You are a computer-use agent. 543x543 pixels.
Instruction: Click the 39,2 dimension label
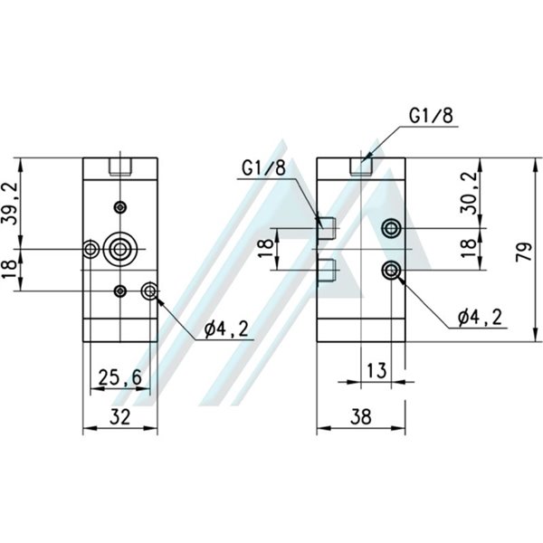coord(11,204)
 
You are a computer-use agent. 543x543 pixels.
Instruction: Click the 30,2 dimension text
coord(467,192)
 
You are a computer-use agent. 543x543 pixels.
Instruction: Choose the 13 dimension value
coord(376,369)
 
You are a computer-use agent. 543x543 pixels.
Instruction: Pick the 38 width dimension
coord(360,417)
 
